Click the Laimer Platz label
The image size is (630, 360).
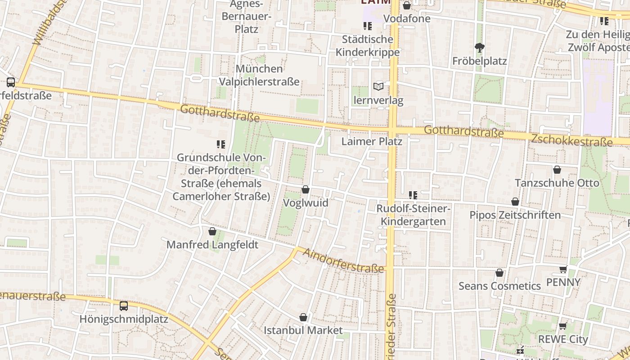click(371, 141)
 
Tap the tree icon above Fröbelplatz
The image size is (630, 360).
click(480, 47)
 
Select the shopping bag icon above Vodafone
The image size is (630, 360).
click(407, 5)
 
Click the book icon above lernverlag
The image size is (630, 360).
click(378, 86)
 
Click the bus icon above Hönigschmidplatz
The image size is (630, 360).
click(124, 306)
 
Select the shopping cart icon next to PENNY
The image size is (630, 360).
click(563, 269)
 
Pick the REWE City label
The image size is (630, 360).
click(563, 339)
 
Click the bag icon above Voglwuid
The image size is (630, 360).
click(306, 189)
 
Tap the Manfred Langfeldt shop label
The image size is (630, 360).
click(212, 245)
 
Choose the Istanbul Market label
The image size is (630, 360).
click(303, 330)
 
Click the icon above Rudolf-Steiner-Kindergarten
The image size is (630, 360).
click(413, 195)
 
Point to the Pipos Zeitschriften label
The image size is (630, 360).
click(515, 215)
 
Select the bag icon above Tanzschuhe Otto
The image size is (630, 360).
click(557, 170)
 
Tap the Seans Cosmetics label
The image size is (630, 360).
click(499, 286)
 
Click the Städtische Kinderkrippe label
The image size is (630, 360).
click(368, 45)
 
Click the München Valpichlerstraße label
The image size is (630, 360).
click(259, 75)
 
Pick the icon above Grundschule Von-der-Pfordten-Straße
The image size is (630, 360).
click(220, 144)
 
